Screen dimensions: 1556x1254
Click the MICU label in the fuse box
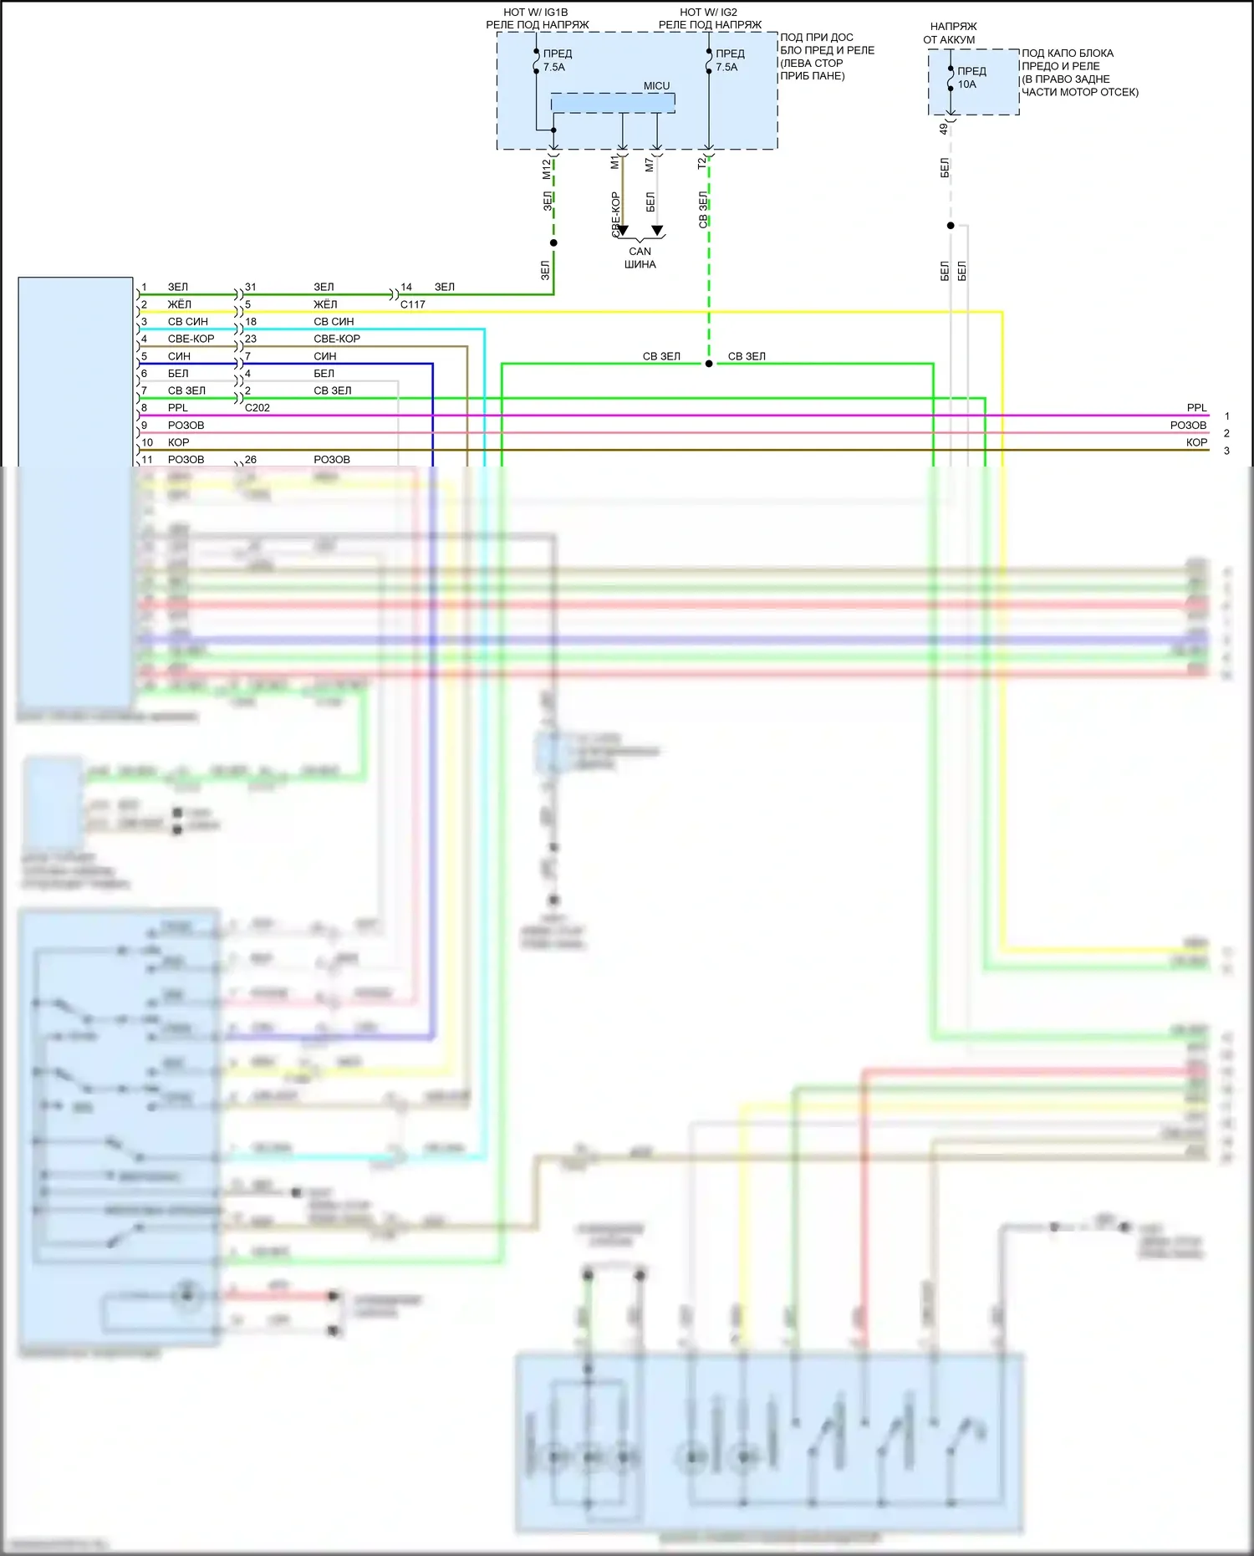(656, 86)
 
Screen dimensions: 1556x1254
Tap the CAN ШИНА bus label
(640, 258)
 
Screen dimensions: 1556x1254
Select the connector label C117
(412, 304)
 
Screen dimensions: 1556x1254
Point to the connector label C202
(257, 408)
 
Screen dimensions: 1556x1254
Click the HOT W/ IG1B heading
(535, 13)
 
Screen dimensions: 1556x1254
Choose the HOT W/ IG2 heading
(708, 13)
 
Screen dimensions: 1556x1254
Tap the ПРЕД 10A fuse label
(971, 78)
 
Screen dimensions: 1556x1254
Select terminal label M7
(650, 165)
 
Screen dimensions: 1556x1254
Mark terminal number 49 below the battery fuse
(944, 129)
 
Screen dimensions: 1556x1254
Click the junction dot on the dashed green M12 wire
(553, 243)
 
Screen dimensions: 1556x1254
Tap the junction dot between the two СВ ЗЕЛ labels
(709, 364)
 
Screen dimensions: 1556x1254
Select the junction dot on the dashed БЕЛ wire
(951, 226)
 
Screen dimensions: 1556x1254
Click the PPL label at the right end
(1196, 408)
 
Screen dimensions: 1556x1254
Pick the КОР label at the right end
(1196, 442)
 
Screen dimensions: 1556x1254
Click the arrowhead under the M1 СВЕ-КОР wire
(623, 231)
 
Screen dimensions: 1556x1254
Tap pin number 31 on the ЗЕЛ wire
(251, 287)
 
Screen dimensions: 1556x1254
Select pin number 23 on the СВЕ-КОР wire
(251, 339)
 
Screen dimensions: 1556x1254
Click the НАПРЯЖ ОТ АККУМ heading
(951, 33)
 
